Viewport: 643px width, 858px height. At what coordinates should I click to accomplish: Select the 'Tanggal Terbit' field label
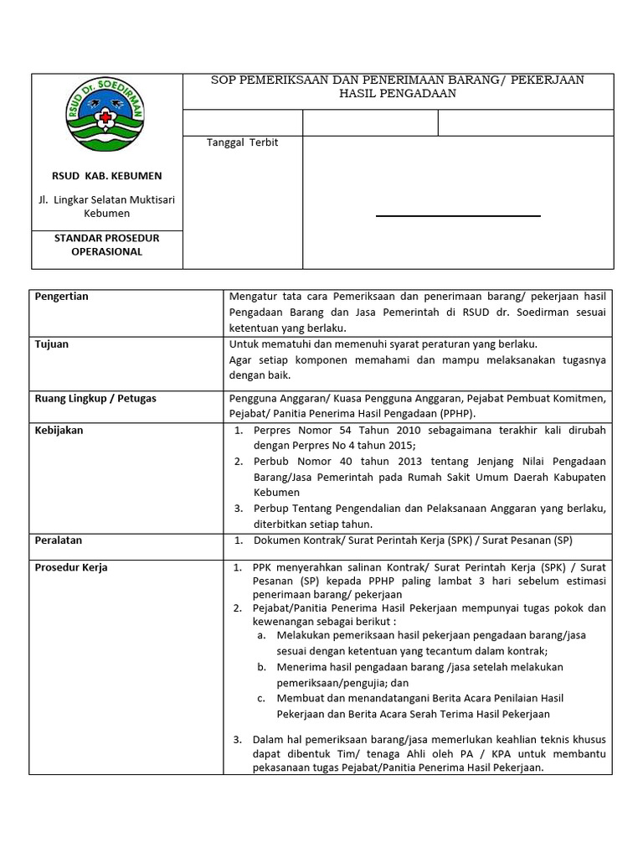coord(242,142)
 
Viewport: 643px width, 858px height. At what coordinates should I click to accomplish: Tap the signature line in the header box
coord(458,216)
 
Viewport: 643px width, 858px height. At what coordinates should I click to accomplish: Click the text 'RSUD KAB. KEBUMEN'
coord(106,176)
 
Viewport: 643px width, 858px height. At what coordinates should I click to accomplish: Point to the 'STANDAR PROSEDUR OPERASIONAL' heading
coord(106,245)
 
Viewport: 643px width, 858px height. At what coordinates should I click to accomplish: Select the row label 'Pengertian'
coord(61,297)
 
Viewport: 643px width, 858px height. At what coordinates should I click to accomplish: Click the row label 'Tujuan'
coord(51,344)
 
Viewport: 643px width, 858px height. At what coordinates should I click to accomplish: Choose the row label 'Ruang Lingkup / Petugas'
coord(95,399)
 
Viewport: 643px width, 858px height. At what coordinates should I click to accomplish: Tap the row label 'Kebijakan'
coord(59,431)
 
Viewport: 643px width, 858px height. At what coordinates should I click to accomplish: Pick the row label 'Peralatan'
coord(59,540)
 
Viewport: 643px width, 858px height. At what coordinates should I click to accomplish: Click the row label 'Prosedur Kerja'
coord(71,567)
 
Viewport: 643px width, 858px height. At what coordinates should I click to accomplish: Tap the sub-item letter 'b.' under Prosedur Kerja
coord(262,667)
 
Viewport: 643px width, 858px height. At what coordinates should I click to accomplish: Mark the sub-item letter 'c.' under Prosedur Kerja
coord(262,698)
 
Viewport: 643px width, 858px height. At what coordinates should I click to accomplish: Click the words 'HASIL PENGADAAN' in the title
coord(398,94)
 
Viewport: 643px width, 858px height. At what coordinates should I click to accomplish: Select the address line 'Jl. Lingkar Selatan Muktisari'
coord(106,199)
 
